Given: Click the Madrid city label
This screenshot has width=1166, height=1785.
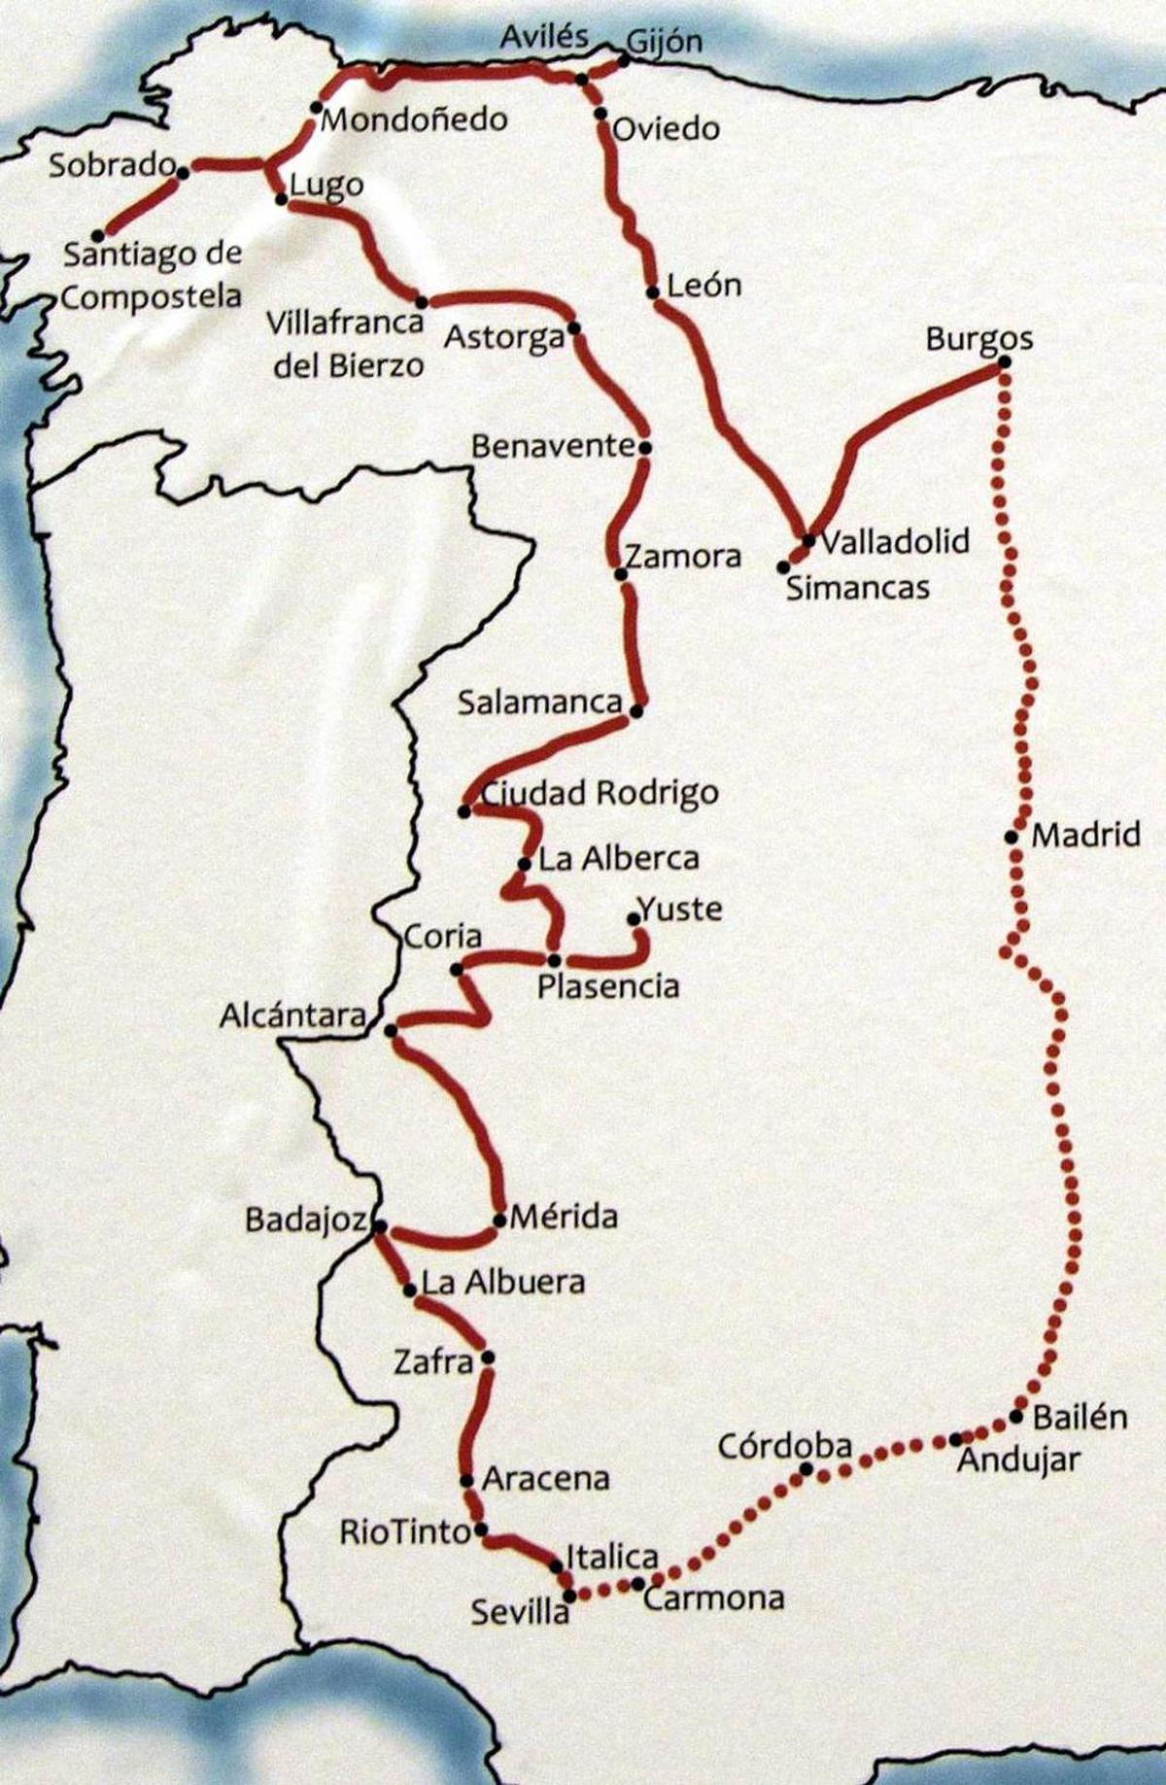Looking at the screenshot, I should click(x=1085, y=834).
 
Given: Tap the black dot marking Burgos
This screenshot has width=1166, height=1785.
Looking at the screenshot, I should click(x=1005, y=362).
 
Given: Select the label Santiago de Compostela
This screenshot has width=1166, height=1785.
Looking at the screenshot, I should click(x=153, y=275).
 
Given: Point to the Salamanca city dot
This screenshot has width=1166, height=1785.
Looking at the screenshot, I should click(x=636, y=711).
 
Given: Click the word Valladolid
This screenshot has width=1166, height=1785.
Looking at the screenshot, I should click(x=895, y=541).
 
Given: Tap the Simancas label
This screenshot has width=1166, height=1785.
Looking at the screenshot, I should click(x=857, y=588).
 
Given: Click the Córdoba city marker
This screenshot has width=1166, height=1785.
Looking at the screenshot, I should click(x=806, y=1469).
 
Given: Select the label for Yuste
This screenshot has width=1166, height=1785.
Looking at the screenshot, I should click(x=681, y=909).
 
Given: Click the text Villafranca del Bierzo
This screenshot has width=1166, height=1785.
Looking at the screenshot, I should click(x=347, y=344).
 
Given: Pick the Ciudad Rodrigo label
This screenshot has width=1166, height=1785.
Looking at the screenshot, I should click(x=600, y=793).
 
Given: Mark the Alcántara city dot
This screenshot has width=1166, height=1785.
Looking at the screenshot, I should click(x=391, y=1030).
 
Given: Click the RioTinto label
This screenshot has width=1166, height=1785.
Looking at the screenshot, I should click(x=405, y=1532).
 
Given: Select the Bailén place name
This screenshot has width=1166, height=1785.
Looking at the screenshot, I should click(x=1080, y=1417).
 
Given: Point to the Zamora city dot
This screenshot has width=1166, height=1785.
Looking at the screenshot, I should click(x=621, y=574).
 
